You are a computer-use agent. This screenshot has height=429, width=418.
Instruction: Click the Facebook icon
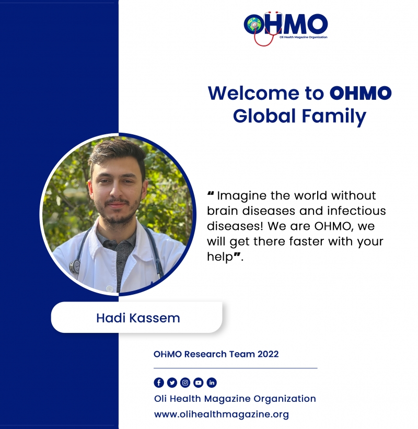pyautogui.click(x=159, y=382)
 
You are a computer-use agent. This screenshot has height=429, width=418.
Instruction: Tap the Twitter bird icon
pyautogui.click(x=172, y=382)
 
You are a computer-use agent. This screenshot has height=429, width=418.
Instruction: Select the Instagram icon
pyautogui.click(x=185, y=382)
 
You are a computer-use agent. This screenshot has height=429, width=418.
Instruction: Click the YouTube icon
pyautogui.click(x=199, y=382)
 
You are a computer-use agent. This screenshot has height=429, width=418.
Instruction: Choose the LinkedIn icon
pyautogui.click(x=212, y=382)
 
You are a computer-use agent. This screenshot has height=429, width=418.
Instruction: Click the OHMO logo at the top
pyautogui.click(x=286, y=28)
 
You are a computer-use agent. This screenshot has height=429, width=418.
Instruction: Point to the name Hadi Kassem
pyautogui.click(x=138, y=318)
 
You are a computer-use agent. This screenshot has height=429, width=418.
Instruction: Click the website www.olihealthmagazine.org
pyautogui.click(x=222, y=414)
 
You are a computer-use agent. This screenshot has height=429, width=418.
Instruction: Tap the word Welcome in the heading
pyautogui.click(x=253, y=93)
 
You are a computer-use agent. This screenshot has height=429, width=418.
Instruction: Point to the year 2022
pyautogui.click(x=268, y=354)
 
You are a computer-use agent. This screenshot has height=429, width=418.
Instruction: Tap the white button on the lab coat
pyautogui.click(x=109, y=288)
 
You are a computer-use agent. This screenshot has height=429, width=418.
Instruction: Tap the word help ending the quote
pyautogui.click(x=219, y=257)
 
